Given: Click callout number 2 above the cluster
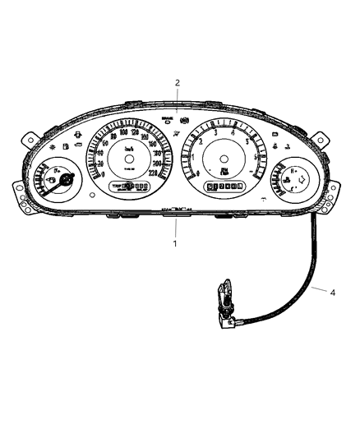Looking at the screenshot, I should click(x=176, y=82).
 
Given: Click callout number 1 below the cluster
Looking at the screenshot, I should click(x=174, y=243).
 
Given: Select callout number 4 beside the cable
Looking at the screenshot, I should click(x=332, y=291).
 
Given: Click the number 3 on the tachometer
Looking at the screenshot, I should click(x=215, y=131).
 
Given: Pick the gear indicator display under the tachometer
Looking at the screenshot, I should click(x=223, y=187).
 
